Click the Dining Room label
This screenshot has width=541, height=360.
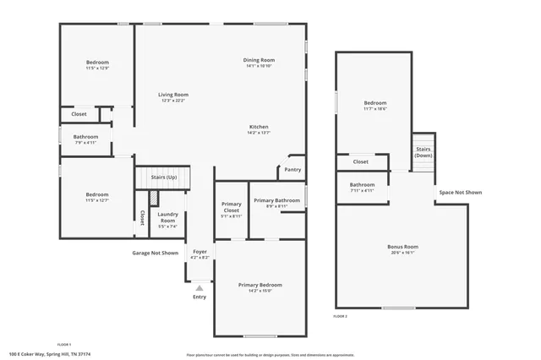260,60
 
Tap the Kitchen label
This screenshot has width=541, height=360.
259,127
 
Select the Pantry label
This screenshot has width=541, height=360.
292,169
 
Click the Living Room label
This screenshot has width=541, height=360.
174,95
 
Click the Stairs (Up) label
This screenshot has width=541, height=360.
164,177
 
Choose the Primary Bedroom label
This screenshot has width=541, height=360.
260,285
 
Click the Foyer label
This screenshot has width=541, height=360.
199,252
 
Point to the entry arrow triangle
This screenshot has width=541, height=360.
199,288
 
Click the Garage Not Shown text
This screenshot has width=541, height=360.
155,253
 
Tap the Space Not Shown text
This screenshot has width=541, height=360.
459,192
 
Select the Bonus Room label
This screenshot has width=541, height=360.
402,246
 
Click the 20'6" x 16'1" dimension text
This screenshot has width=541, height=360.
402,252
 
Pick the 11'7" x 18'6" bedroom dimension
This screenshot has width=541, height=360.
374,108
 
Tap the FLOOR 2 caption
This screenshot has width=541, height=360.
340,316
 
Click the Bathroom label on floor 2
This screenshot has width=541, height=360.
362,184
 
